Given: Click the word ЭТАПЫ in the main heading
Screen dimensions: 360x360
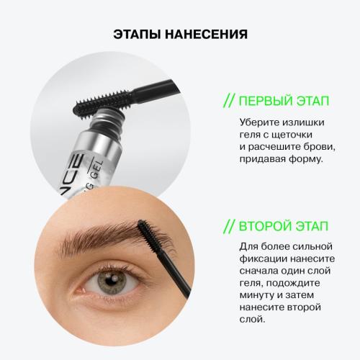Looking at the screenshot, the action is click(x=137, y=34).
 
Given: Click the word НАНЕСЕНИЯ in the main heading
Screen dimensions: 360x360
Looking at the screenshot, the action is click(x=206, y=34).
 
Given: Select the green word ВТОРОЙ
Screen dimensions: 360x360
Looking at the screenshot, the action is click(x=265, y=226).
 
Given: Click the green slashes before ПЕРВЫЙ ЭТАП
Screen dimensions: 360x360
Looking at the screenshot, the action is click(x=228, y=101).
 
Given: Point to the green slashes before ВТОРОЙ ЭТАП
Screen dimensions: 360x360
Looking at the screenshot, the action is click(x=228, y=226).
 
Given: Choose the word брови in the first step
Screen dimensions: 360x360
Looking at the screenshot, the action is click(x=319, y=147).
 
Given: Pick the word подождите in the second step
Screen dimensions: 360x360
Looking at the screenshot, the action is click(x=293, y=283).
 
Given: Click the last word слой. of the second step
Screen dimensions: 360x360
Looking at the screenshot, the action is click(x=252, y=320).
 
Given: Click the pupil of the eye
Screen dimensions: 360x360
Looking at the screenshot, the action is click(x=110, y=279).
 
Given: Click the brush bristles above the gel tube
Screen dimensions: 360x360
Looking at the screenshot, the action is click(x=102, y=102).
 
